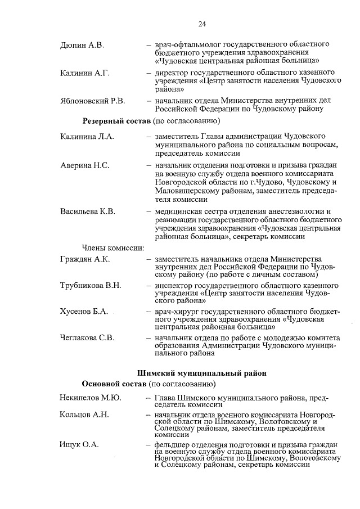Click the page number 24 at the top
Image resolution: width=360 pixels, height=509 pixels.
click(x=202, y=24)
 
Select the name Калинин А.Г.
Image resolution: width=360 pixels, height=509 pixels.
click(x=84, y=73)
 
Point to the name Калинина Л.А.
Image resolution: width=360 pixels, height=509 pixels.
click(x=87, y=137)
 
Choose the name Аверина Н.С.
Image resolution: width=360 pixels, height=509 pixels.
click(x=84, y=165)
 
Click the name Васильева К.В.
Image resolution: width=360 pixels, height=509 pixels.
click(x=87, y=211)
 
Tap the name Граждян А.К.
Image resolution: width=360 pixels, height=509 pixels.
click(x=85, y=259)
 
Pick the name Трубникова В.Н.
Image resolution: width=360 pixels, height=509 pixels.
click(x=91, y=286)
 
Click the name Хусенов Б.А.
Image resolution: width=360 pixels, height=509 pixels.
click(x=84, y=312)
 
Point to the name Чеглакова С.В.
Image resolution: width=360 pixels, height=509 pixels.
click(x=87, y=337)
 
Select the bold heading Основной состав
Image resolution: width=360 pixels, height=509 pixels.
click(x=114, y=384)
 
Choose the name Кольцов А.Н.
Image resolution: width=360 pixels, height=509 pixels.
click(x=84, y=415)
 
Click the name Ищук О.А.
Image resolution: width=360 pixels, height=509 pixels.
click(x=79, y=444)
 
